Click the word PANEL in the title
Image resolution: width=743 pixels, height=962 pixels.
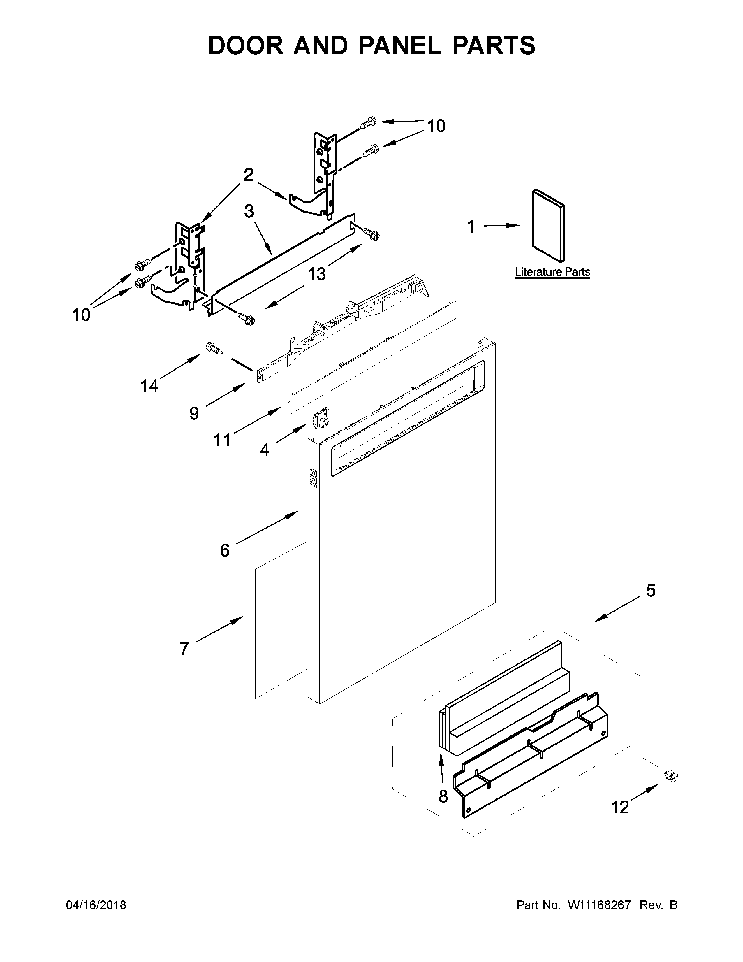click(x=400, y=45)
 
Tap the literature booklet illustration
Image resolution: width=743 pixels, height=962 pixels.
click(x=548, y=226)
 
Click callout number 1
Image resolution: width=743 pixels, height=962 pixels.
click(x=471, y=227)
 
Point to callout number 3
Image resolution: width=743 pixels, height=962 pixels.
click(x=249, y=211)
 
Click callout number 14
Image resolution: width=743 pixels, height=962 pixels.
click(x=149, y=386)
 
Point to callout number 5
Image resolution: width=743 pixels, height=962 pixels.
click(x=651, y=591)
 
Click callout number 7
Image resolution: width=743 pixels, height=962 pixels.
click(x=184, y=648)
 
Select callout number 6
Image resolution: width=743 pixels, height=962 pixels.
click(x=224, y=550)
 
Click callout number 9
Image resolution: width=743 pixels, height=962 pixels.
click(x=194, y=413)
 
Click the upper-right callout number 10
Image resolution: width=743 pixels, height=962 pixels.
click(x=436, y=127)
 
